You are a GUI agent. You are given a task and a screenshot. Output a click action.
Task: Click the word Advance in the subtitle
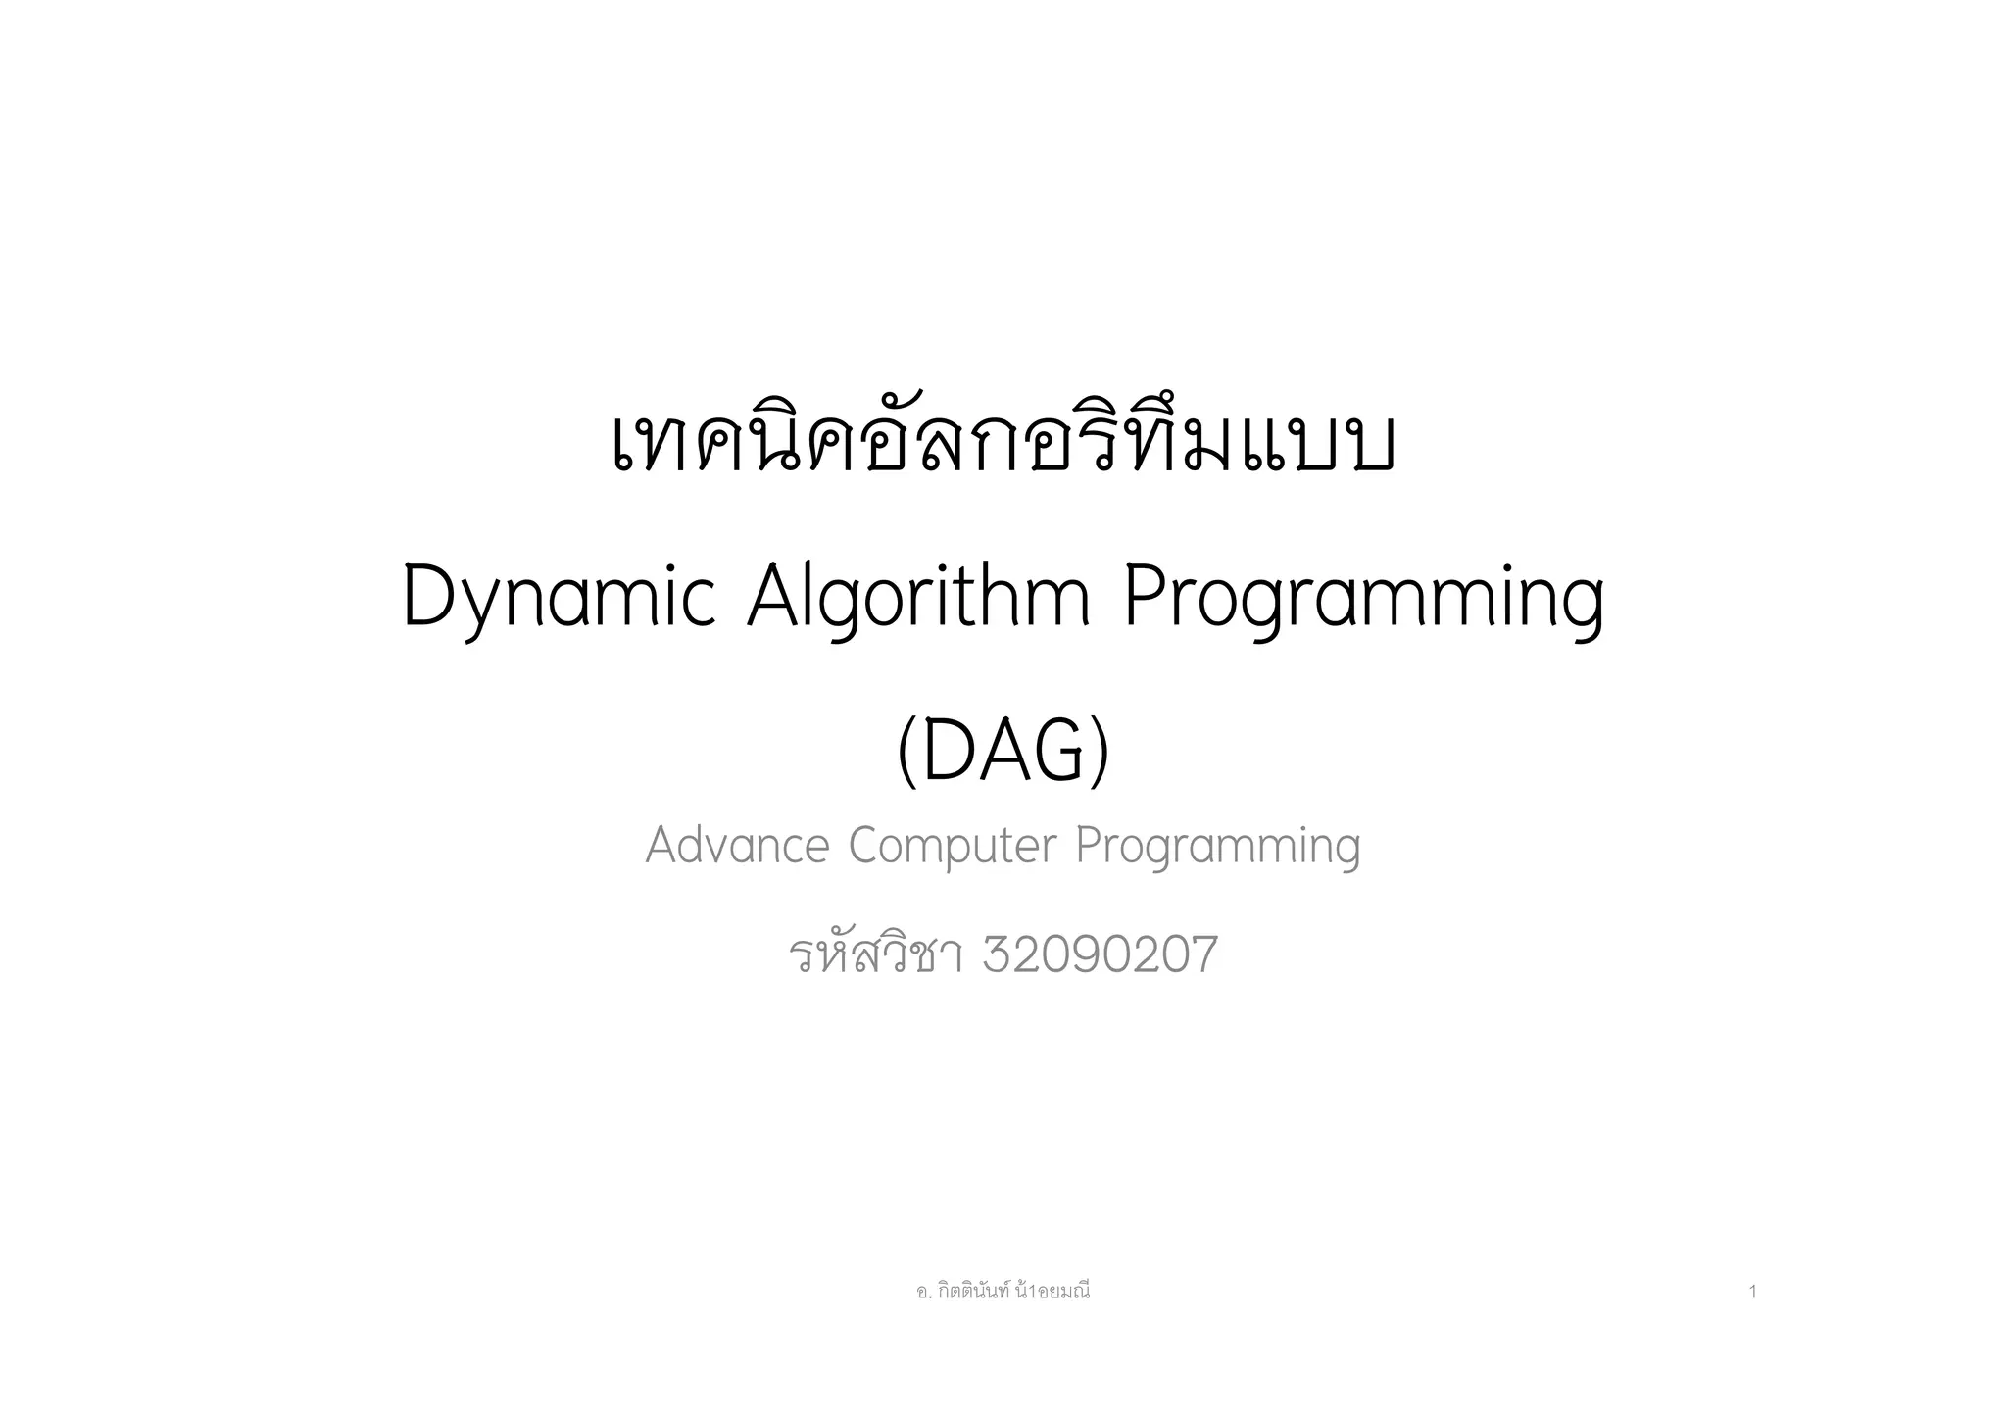tap(737, 845)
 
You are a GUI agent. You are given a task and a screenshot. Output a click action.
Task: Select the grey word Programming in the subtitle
tap(1218, 847)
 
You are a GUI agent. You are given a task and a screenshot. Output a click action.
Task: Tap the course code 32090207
tap(1100, 955)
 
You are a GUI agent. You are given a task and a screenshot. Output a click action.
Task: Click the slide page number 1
tap(1752, 1293)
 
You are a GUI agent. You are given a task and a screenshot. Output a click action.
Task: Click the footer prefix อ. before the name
tap(922, 1293)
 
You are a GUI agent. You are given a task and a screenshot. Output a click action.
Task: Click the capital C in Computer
tap(864, 845)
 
